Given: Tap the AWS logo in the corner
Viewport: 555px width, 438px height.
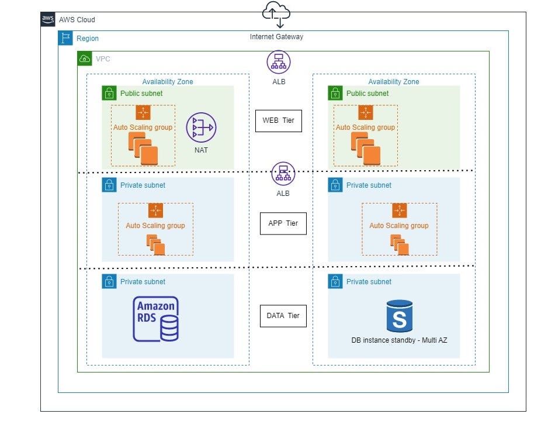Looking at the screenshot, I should (48, 19).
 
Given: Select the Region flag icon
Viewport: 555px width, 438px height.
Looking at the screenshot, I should (65, 39).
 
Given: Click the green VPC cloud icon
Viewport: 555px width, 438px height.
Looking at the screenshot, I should (85, 58).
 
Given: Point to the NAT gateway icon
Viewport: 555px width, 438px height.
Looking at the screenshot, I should (201, 127).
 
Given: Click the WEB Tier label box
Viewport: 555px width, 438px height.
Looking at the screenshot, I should (278, 120).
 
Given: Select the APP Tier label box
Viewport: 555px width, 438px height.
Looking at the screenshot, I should (283, 223).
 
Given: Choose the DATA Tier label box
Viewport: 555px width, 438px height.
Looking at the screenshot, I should (283, 316).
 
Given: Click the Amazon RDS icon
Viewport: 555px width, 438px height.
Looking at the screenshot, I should (155, 319).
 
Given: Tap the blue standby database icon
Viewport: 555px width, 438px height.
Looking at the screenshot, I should (400, 316).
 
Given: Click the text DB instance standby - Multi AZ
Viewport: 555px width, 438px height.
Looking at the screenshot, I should (399, 340).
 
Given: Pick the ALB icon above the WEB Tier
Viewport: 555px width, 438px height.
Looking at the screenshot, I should (279, 62).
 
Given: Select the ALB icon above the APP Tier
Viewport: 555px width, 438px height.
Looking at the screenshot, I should (283, 174).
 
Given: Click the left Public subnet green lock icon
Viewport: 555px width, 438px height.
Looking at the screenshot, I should (109, 93).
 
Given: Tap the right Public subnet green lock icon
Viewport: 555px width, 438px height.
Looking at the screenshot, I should (335, 93).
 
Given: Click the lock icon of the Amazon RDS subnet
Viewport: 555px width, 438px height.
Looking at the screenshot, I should (109, 281).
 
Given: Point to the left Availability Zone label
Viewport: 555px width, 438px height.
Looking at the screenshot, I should (168, 82).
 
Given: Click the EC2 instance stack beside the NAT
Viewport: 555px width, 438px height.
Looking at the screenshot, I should (144, 149).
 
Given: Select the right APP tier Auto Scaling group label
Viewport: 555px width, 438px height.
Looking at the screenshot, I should (398, 226).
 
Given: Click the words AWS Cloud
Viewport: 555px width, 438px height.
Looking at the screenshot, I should (77, 20).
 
